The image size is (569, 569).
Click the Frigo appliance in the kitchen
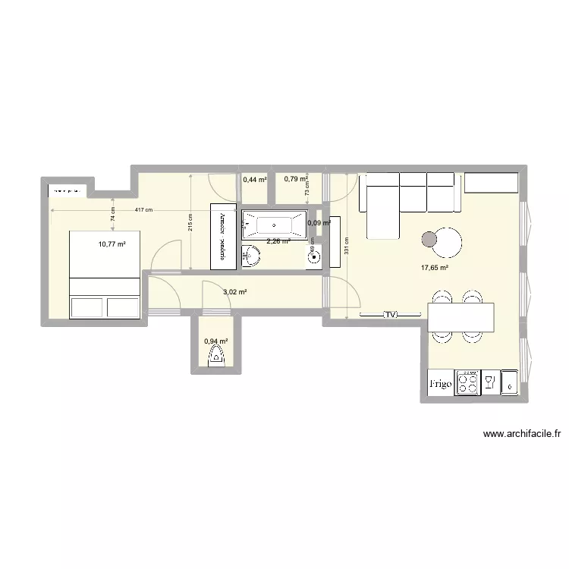[x=441, y=385]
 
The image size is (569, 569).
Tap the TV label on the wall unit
[x=391, y=314]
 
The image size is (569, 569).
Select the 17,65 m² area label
[x=435, y=267]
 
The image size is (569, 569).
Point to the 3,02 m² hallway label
[x=235, y=291]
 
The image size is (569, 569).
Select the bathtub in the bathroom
[x=273, y=225]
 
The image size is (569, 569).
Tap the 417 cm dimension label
[x=143, y=210]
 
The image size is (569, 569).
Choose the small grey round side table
[x=429, y=240]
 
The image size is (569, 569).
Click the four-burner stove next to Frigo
[x=466, y=383]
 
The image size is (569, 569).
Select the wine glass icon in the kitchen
[x=489, y=382]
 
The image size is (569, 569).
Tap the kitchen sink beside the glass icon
[x=510, y=383]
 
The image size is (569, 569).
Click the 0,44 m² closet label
[x=255, y=181]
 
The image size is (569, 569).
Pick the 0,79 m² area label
[x=295, y=179]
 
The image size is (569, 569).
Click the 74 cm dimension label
[x=112, y=214]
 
